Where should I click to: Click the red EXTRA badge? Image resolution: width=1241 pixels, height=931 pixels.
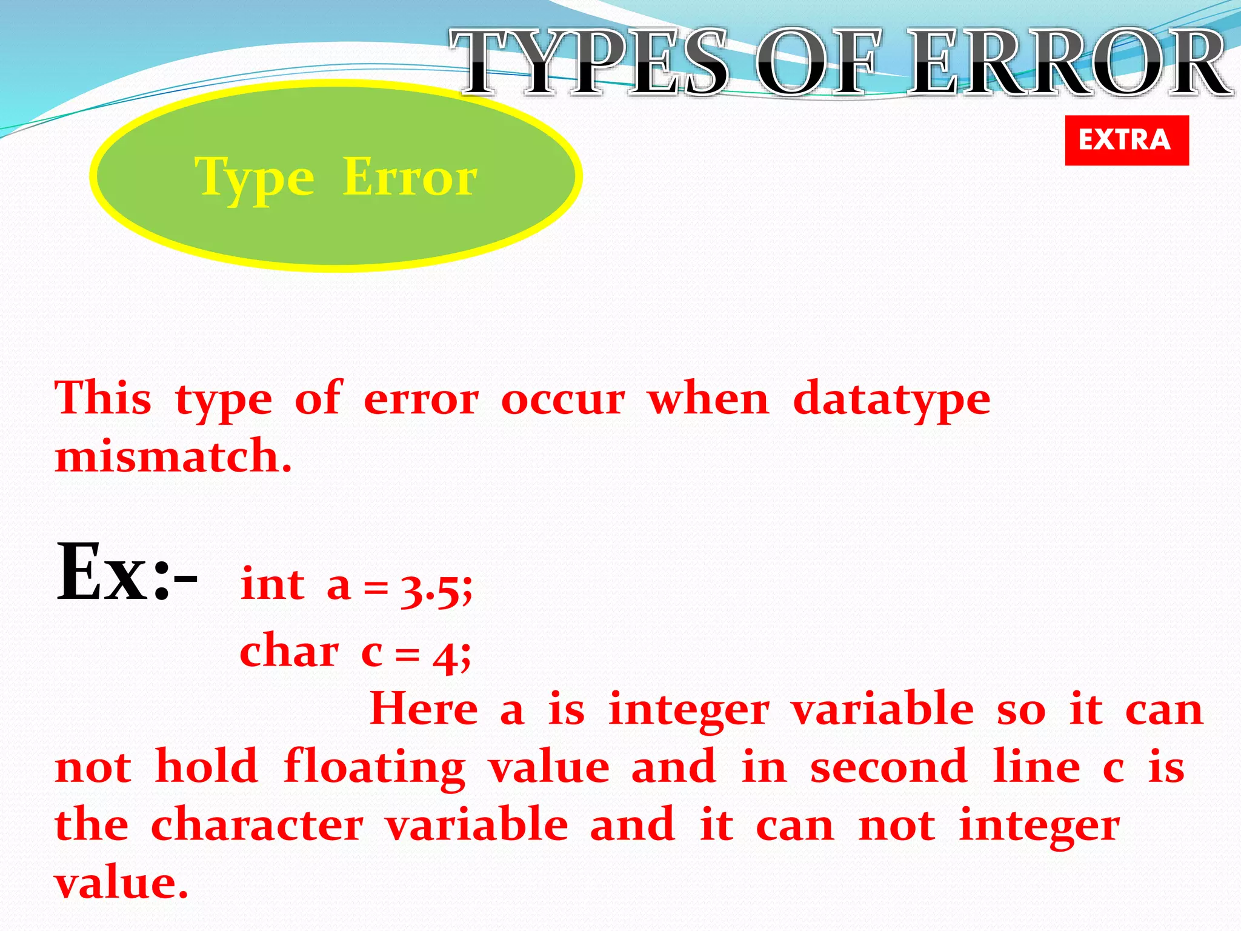[1126, 140]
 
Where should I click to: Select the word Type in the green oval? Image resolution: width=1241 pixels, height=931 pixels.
[255, 179]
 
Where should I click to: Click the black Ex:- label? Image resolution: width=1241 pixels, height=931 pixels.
[126, 573]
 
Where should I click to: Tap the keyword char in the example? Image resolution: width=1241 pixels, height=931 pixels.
[289, 652]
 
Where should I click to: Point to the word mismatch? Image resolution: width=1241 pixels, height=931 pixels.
[173, 456]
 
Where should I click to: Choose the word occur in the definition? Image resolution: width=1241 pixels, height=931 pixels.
[563, 400]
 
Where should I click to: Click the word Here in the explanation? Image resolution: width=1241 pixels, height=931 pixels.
[424, 709]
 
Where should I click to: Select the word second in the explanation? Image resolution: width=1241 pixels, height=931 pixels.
[888, 766]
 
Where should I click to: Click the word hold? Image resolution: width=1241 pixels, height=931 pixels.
[207, 766]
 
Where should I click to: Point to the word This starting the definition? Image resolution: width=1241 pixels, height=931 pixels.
[103, 398]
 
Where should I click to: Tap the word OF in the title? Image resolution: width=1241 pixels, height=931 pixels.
[817, 62]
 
